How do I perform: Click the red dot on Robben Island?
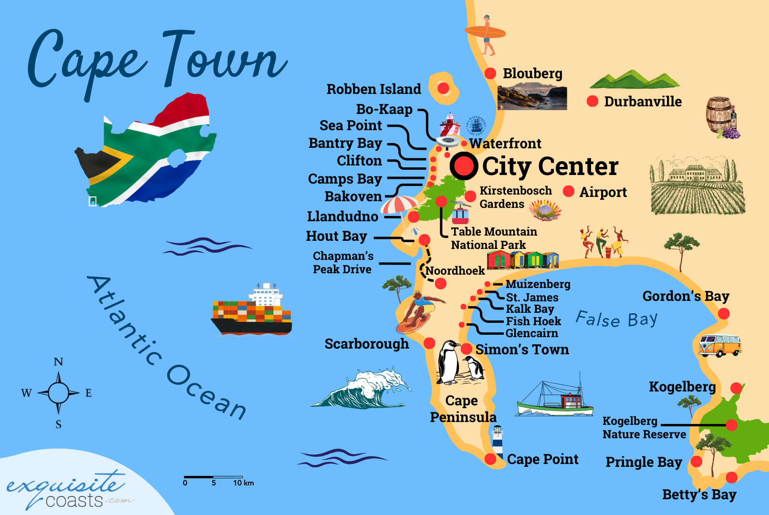point(443,88)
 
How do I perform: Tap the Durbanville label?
point(643,102)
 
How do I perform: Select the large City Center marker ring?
point(463,166)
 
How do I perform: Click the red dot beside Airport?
point(568,191)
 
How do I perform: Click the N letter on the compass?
point(58,362)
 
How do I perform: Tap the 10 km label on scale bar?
point(243,483)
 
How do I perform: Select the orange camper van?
point(719,345)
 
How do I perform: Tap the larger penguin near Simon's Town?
point(449,363)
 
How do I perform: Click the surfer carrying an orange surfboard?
point(486,33)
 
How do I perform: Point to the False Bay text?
point(616,319)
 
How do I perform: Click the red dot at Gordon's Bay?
point(724,313)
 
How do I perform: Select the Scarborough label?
point(366,344)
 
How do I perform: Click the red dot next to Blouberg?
point(490,73)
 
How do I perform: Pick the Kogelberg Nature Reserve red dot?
point(731,424)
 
